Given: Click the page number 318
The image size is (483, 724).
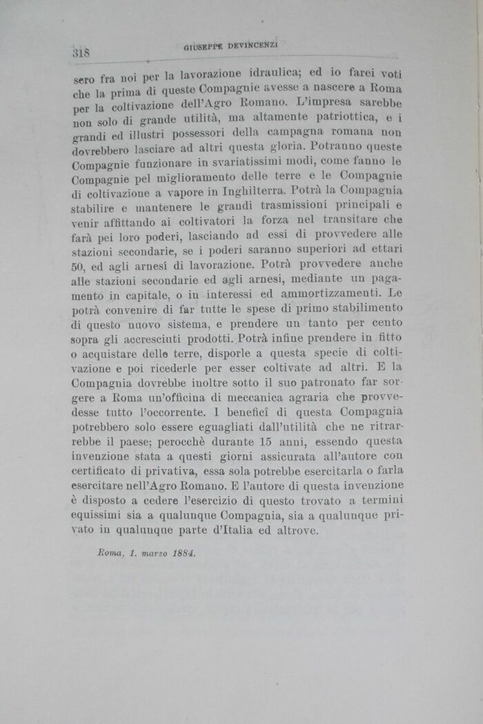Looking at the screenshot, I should (81, 52).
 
